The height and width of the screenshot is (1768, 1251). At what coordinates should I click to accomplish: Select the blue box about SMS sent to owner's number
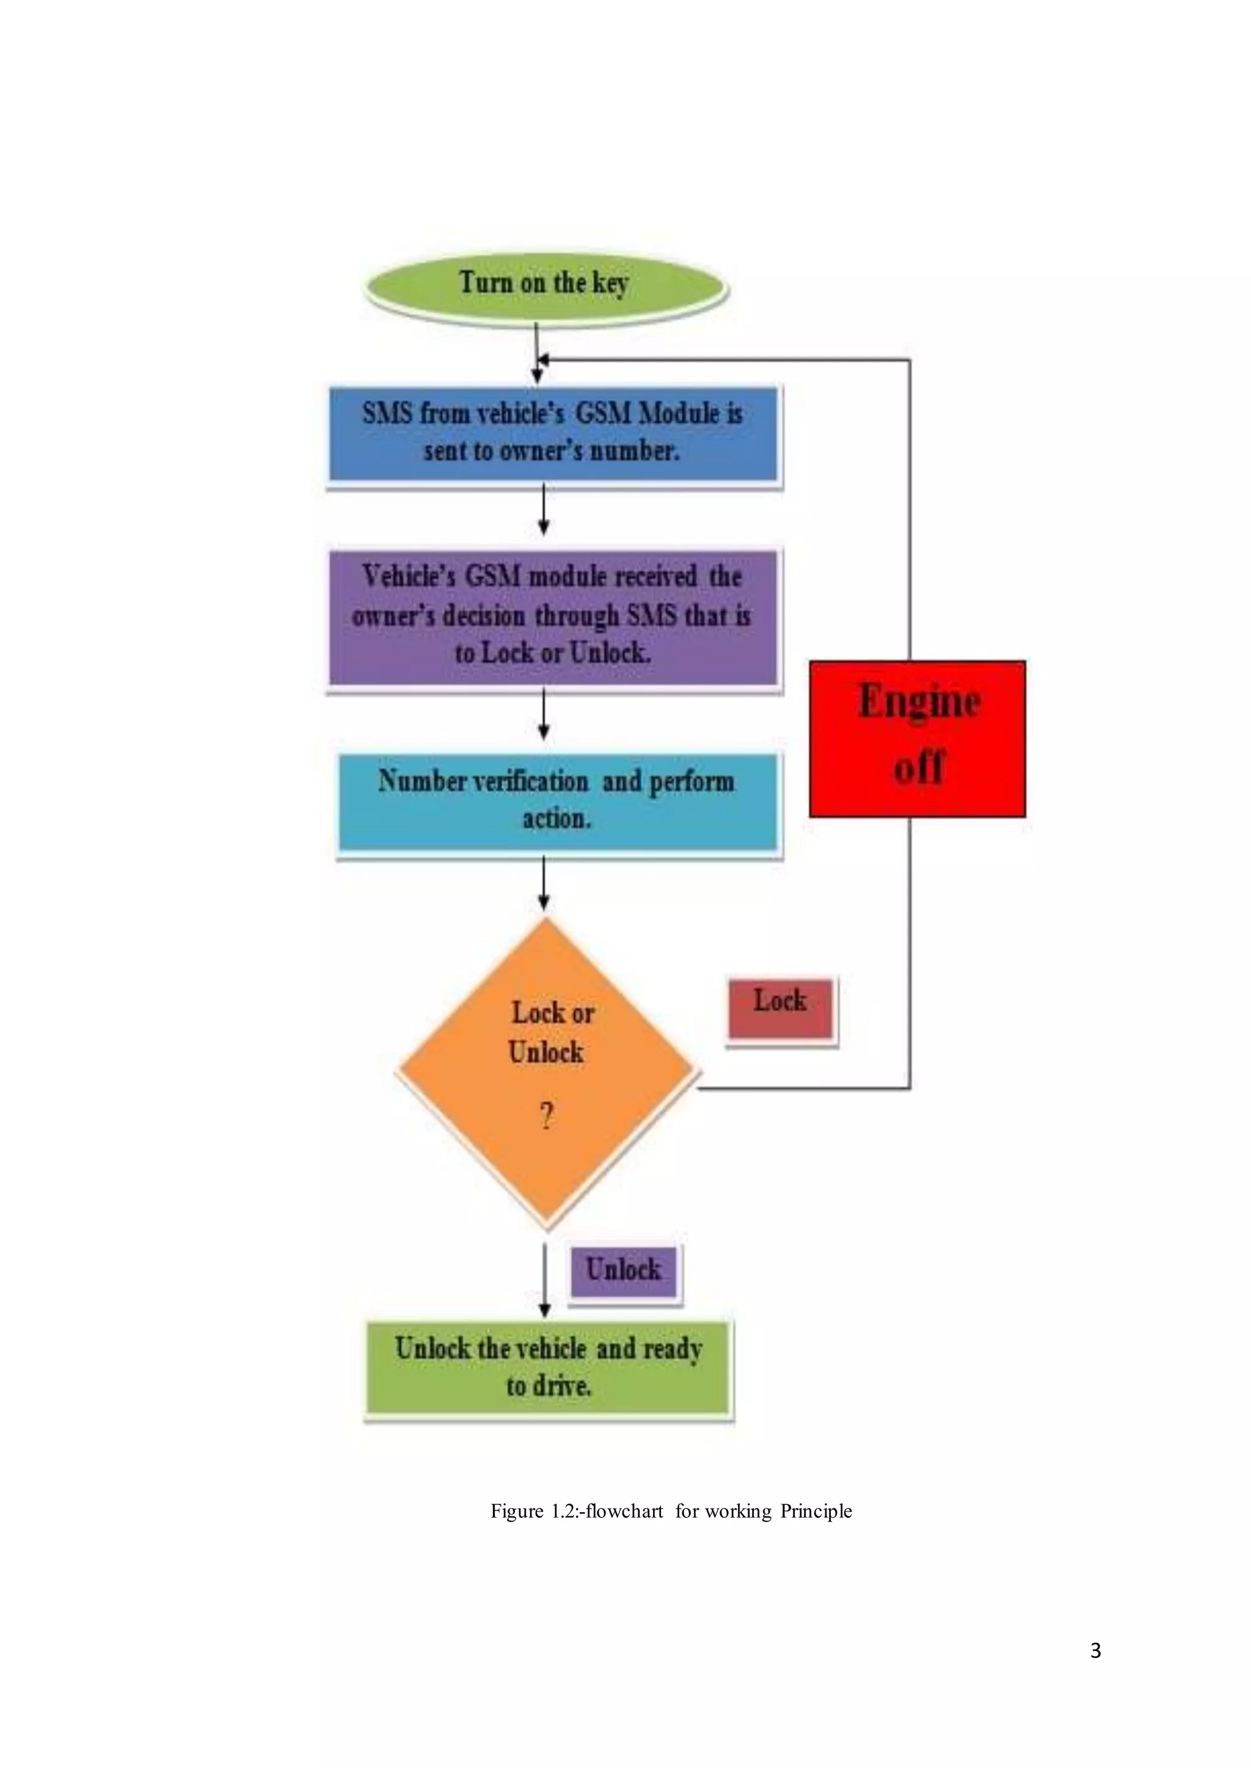[553, 433]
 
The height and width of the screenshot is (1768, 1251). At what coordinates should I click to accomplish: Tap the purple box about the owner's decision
[552, 616]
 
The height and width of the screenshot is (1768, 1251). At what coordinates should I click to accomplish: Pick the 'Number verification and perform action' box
[558, 801]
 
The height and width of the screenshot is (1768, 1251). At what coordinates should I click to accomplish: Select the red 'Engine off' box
[917, 737]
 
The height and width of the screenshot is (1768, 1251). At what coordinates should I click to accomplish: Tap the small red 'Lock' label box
[780, 1008]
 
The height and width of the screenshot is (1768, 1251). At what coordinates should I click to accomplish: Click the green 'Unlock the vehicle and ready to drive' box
[548, 1366]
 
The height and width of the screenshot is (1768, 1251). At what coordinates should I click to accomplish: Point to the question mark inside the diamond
[546, 1115]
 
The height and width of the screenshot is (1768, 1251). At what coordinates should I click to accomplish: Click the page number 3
[1095, 1650]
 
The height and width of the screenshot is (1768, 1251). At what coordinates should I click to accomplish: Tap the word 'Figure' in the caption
[517, 1511]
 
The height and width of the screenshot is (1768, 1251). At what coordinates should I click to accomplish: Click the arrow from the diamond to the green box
[545, 1279]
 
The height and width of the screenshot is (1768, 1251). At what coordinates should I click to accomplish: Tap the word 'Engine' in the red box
[919, 701]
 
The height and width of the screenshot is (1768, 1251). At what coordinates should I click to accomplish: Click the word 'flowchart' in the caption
[624, 1511]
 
